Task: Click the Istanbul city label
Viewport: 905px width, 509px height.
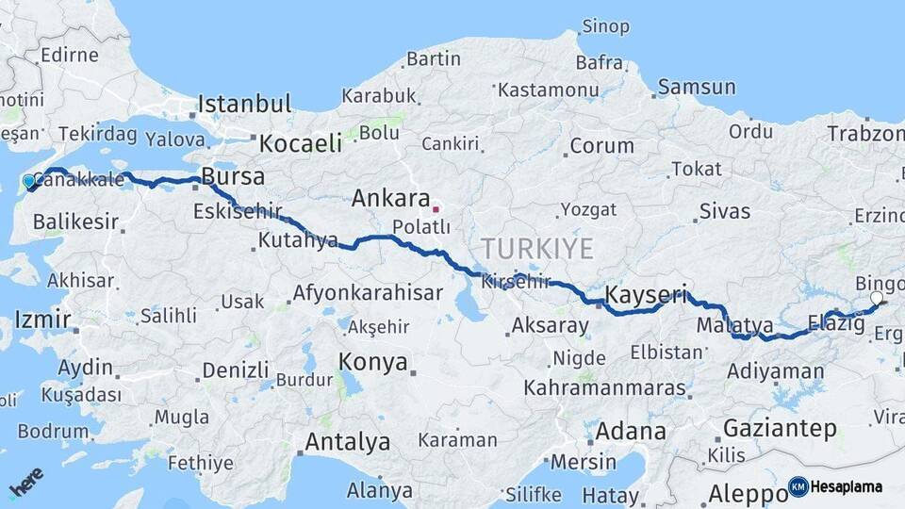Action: pyautogui.click(x=244, y=104)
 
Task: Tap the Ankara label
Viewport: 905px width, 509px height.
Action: pyautogui.click(x=390, y=199)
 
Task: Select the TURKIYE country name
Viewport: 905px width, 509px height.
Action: pyautogui.click(x=537, y=249)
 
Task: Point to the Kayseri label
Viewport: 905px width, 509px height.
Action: pyautogui.click(x=646, y=294)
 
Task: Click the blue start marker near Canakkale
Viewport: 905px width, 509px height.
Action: pyautogui.click(x=28, y=181)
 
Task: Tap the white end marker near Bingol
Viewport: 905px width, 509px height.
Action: pyautogui.click(x=877, y=298)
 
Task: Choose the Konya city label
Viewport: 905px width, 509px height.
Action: pyautogui.click(x=373, y=362)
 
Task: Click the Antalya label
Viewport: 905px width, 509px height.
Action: pyautogui.click(x=347, y=441)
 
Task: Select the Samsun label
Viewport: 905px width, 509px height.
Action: pyautogui.click(x=697, y=88)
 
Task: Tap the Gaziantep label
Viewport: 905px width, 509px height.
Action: pyautogui.click(x=780, y=429)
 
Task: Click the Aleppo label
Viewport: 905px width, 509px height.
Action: pyautogui.click(x=741, y=494)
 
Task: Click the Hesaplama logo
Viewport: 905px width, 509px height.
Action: pyautogui.click(x=835, y=487)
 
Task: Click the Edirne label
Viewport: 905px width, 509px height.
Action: pyautogui.click(x=69, y=55)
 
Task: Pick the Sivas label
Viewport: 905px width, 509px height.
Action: pyautogui.click(x=725, y=211)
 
